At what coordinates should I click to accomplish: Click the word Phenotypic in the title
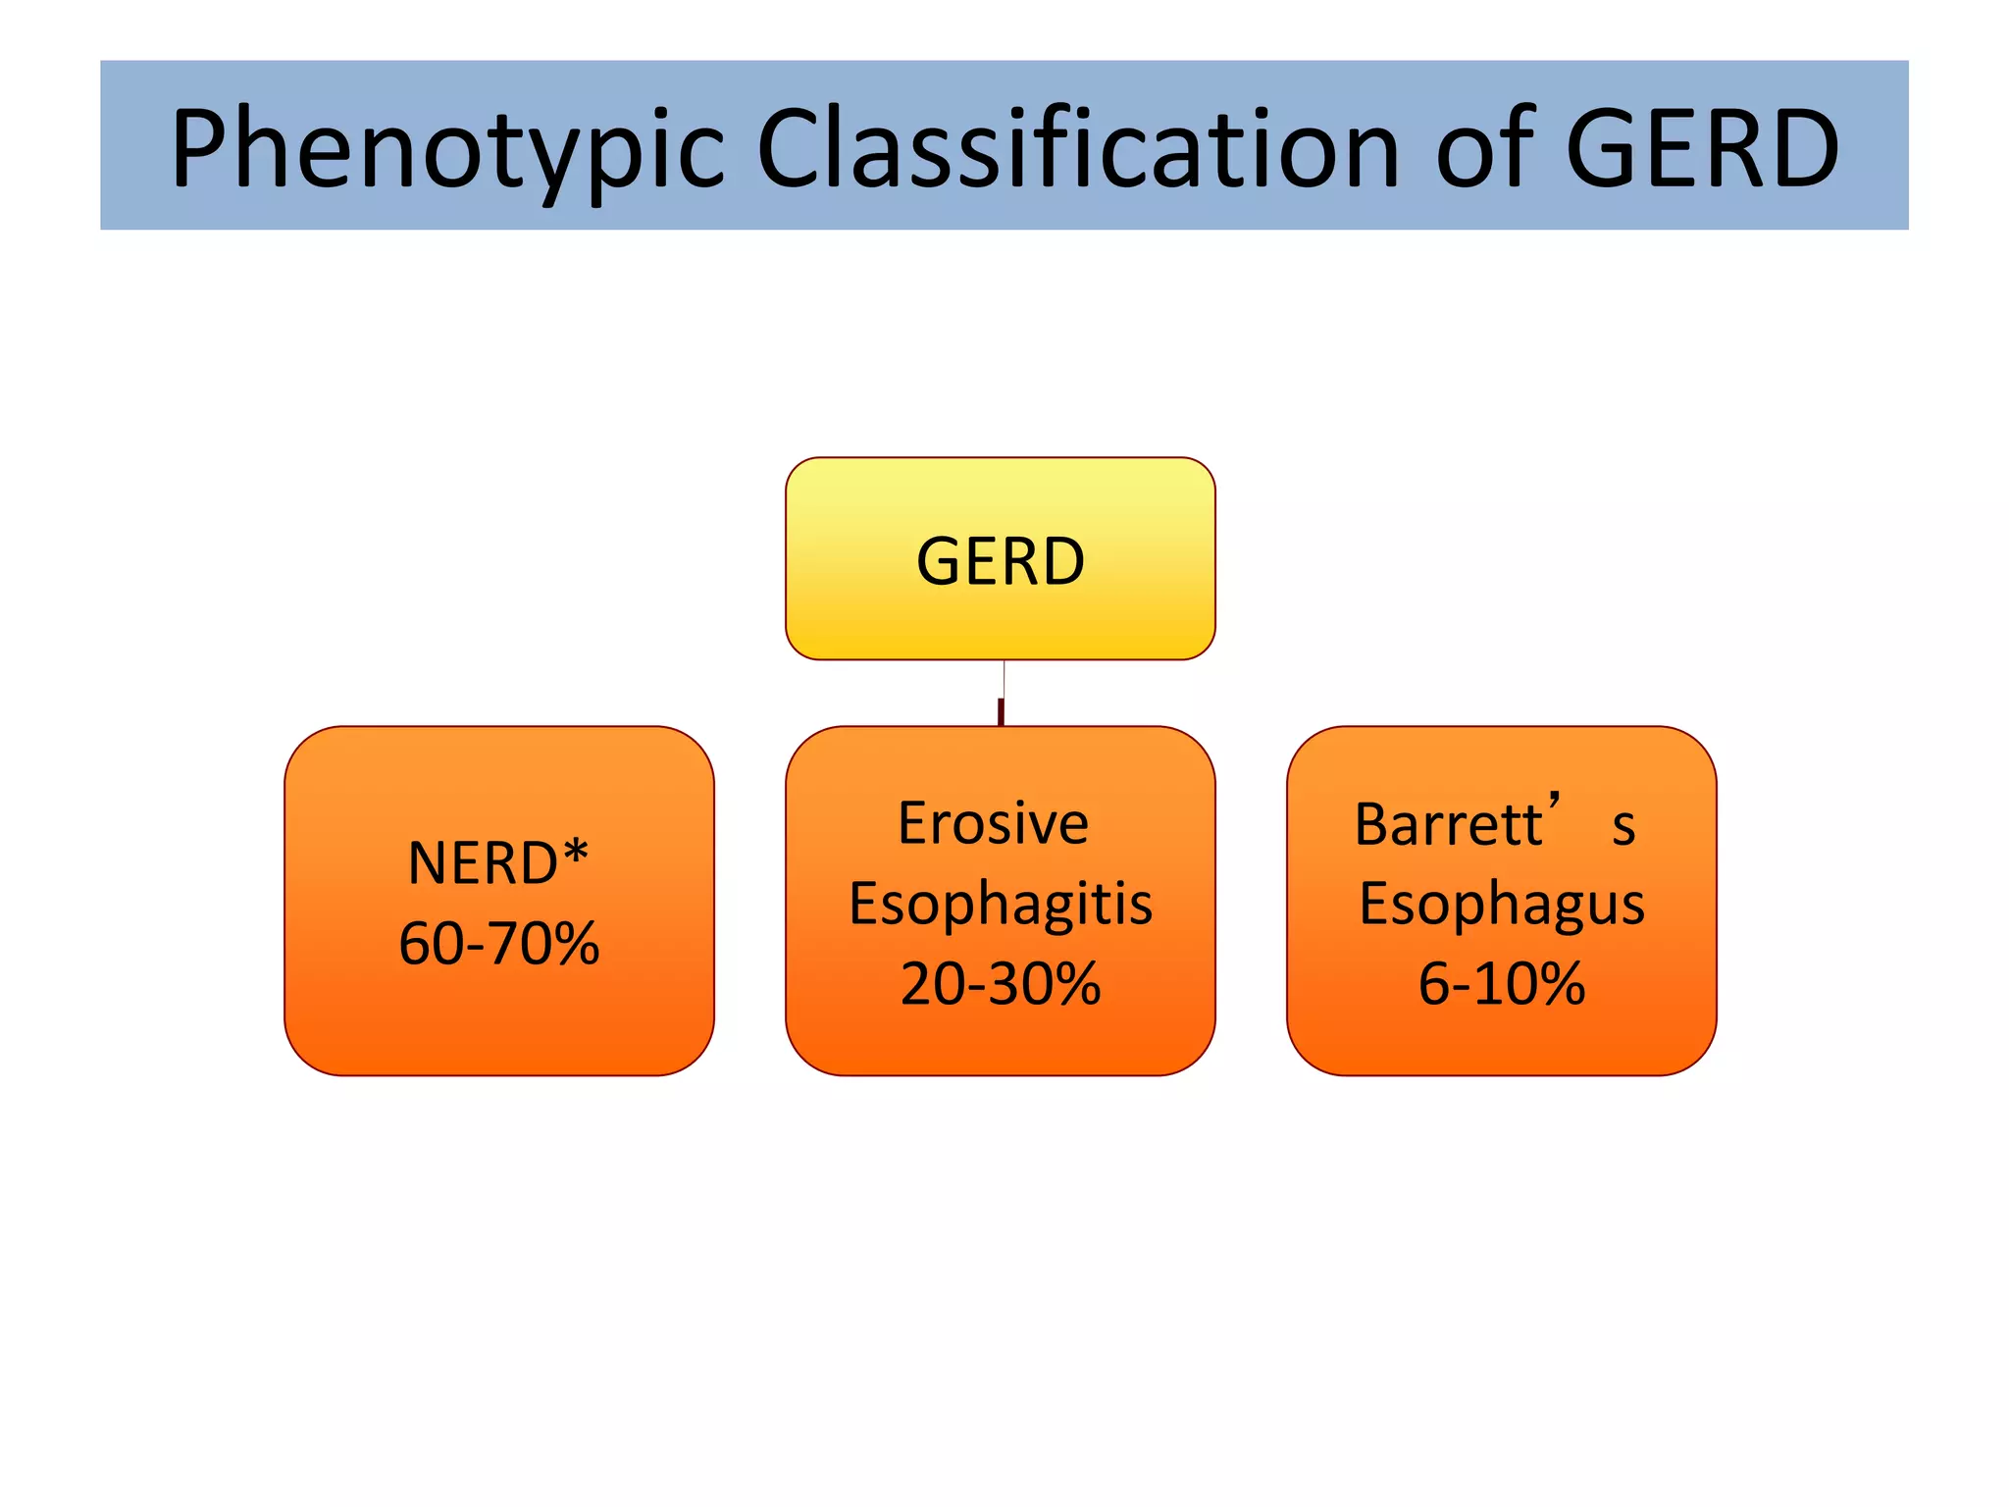[x=447, y=150]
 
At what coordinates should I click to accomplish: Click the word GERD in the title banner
[x=1702, y=149]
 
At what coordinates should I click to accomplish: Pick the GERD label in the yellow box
[x=1001, y=561]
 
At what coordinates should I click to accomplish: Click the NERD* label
[x=497, y=862]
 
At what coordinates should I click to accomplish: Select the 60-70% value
[x=498, y=943]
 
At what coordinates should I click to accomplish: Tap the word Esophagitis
[x=1001, y=904]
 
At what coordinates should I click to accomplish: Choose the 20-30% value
[x=1001, y=983]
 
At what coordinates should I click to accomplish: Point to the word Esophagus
[x=1501, y=904]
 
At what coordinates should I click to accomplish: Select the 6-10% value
[x=1501, y=983]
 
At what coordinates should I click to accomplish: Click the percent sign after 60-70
[x=569, y=944]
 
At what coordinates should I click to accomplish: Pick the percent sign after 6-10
[x=1554, y=983]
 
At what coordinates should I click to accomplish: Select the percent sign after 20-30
[x=1071, y=983]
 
